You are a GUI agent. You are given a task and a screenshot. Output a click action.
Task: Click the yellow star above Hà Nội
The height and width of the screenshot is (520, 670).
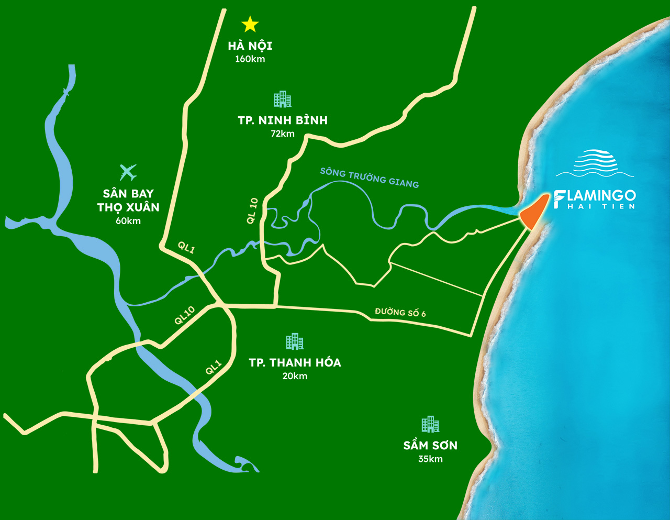point(250,24)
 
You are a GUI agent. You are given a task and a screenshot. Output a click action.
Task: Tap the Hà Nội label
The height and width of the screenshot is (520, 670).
point(250,46)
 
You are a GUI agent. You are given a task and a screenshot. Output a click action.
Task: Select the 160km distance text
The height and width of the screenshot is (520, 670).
point(250,59)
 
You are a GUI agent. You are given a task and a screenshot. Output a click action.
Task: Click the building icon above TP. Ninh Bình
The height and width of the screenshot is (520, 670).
point(283,99)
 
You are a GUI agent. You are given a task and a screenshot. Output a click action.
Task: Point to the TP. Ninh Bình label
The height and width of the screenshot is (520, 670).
point(283,120)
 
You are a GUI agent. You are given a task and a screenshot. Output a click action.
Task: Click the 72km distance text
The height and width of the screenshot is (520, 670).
point(283,134)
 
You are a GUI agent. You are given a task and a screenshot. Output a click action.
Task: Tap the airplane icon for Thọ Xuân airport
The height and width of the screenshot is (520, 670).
point(128,172)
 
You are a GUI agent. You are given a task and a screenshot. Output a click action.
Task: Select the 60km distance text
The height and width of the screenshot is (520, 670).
point(128,221)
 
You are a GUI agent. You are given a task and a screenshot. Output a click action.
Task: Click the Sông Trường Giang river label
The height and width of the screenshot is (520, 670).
point(370,178)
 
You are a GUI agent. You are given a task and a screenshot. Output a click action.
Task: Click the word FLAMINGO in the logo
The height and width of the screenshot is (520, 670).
point(595,196)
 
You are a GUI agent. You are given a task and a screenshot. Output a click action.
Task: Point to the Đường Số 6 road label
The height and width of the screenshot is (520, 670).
point(400,313)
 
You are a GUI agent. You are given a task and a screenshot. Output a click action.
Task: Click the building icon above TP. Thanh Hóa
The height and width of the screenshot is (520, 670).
point(295,341)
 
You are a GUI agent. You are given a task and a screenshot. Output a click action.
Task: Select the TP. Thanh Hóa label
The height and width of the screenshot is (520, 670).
point(295,362)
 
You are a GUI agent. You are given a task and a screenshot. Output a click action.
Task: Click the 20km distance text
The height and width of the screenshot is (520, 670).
point(295,376)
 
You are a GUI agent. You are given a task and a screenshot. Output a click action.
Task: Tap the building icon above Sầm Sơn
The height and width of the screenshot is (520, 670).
point(430,424)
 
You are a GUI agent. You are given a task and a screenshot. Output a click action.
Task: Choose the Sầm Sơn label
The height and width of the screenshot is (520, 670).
point(430,446)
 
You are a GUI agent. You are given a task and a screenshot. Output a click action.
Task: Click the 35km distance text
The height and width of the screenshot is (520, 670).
point(430,459)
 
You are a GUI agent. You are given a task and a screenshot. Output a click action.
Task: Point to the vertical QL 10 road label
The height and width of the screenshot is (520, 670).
point(253,211)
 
